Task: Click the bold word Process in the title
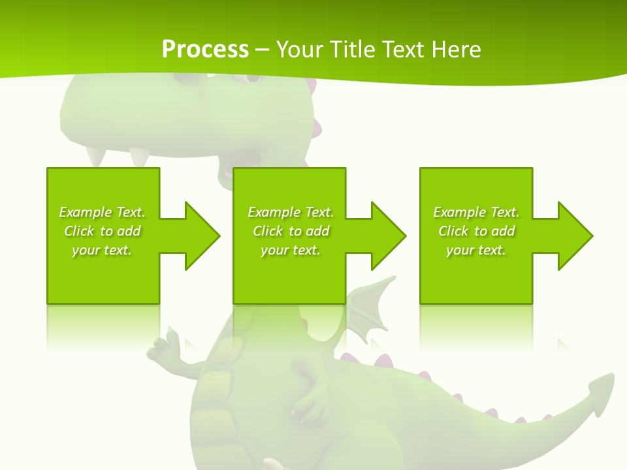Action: click(x=205, y=49)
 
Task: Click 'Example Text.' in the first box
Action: click(x=102, y=212)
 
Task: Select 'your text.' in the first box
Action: click(x=102, y=250)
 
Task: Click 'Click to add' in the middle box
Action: click(x=291, y=231)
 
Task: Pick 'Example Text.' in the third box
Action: click(x=476, y=212)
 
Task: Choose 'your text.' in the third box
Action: click(x=476, y=250)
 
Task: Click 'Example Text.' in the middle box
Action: click(x=291, y=212)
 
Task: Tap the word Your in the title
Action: click(x=298, y=49)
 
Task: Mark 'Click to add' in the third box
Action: click(x=476, y=231)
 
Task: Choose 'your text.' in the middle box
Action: click(x=291, y=250)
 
